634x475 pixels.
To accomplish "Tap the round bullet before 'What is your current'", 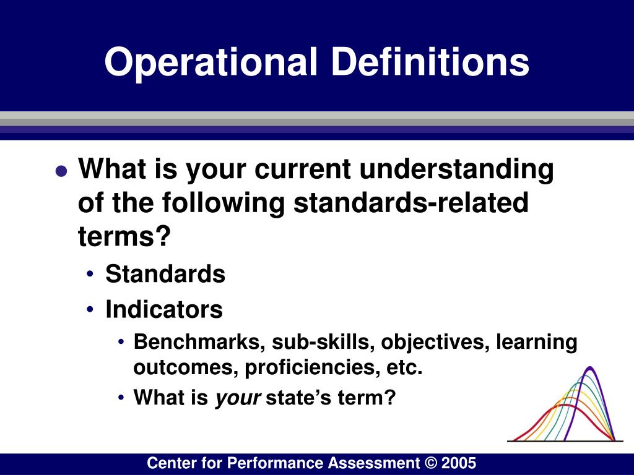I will click(60, 173).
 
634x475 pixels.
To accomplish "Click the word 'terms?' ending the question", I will click(124, 236).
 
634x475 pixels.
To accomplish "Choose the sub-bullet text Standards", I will click(165, 273).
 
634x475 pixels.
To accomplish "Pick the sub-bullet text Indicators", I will click(164, 309).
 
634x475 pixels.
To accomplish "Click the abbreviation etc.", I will click(404, 369).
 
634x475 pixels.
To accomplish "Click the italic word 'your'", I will click(238, 398).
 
